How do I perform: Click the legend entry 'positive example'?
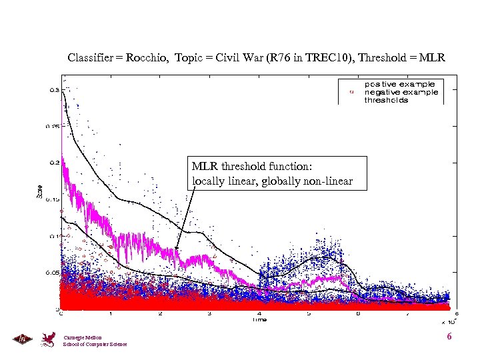[399, 85]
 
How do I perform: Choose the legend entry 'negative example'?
[401, 93]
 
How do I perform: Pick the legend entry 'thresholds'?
[386, 101]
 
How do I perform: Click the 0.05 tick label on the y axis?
[51, 273]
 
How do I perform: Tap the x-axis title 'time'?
[259, 320]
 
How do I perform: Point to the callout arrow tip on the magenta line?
[177, 251]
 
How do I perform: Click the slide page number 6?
[449, 337]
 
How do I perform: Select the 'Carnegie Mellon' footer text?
[79, 338]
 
